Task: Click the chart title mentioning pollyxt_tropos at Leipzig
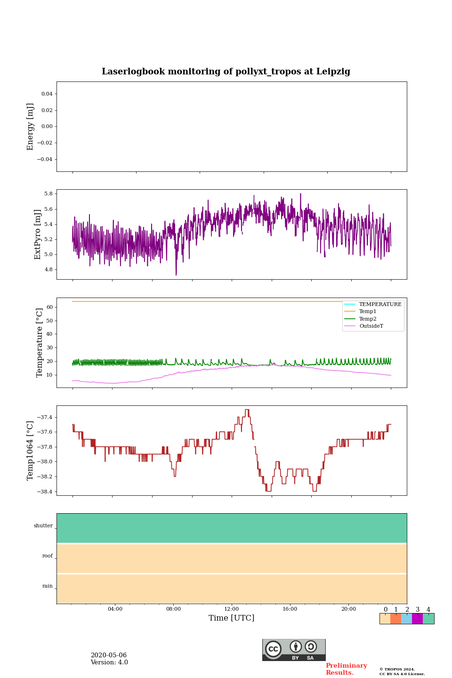coord(226,72)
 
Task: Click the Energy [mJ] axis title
coord(31,127)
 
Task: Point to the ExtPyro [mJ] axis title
coord(38,234)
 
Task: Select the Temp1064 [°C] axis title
coord(31,451)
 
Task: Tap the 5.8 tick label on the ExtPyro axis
coord(48,194)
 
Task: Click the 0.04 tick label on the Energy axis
coord(47,94)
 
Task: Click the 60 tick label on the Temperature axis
coord(49,307)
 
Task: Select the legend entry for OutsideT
coord(371,326)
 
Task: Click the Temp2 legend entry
coord(368,319)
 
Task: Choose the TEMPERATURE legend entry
coord(380,304)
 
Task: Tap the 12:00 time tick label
coord(232,609)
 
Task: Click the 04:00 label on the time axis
coord(115,609)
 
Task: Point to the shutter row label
coord(43,526)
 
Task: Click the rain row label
coord(48,586)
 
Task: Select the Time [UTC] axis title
coord(232,618)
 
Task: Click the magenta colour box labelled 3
coord(417,619)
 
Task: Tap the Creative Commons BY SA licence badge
coord(294,650)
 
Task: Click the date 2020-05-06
coord(109,655)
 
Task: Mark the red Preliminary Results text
coord(346,669)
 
